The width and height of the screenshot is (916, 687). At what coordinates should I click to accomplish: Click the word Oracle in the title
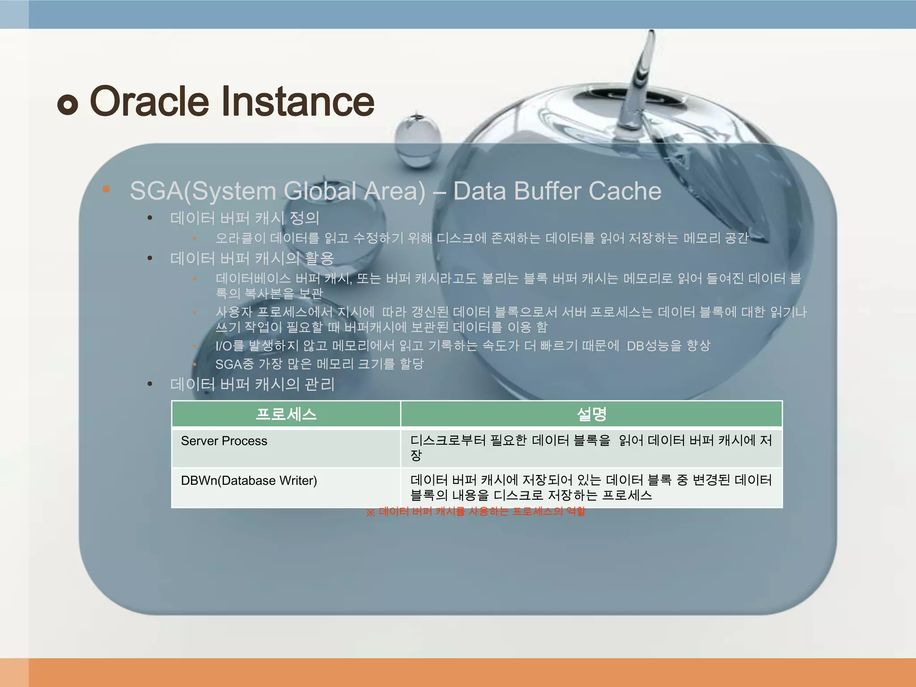149,102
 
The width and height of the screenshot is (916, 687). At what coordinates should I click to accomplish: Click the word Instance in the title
297,102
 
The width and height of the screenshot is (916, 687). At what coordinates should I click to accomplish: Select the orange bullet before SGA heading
106,189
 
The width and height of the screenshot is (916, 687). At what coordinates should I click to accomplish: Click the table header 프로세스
286,414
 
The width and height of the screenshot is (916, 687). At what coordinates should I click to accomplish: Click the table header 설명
591,414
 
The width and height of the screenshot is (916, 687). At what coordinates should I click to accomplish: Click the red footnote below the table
476,512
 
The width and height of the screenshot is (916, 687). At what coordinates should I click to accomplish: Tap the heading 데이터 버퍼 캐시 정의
245,218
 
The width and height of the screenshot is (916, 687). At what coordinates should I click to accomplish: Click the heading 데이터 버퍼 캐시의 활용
252,258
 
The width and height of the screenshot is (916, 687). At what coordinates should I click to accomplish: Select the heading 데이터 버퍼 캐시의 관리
252,384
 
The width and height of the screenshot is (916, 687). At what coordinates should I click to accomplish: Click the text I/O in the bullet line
223,346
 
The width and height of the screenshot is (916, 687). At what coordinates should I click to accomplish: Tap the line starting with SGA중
319,364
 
